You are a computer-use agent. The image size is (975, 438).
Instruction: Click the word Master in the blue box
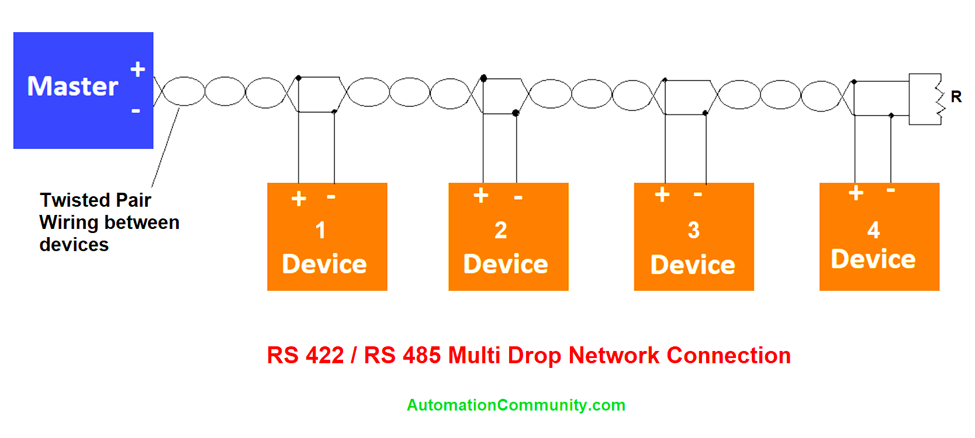point(72,86)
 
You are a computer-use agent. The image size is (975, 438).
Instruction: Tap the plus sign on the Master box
point(138,69)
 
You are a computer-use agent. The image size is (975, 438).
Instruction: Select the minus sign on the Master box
point(136,110)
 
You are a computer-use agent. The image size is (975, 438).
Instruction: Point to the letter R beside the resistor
point(956,96)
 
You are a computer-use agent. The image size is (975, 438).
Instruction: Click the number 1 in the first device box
point(320,230)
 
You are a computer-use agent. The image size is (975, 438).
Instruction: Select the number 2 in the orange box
point(500,230)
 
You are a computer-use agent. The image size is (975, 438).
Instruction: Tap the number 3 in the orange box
point(693,230)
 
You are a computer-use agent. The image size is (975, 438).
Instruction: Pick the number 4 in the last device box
point(873,230)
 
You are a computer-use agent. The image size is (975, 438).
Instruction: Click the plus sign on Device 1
point(299,199)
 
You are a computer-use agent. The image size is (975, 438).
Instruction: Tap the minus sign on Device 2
point(518,198)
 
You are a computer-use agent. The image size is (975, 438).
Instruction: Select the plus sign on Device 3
point(662,194)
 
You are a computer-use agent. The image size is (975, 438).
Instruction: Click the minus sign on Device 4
point(891,190)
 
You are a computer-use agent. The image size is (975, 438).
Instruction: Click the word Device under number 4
point(873,259)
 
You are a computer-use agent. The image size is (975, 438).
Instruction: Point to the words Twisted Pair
point(95,200)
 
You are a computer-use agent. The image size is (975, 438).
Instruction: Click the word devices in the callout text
point(74,245)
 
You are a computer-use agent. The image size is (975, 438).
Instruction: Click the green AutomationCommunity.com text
point(516,405)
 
